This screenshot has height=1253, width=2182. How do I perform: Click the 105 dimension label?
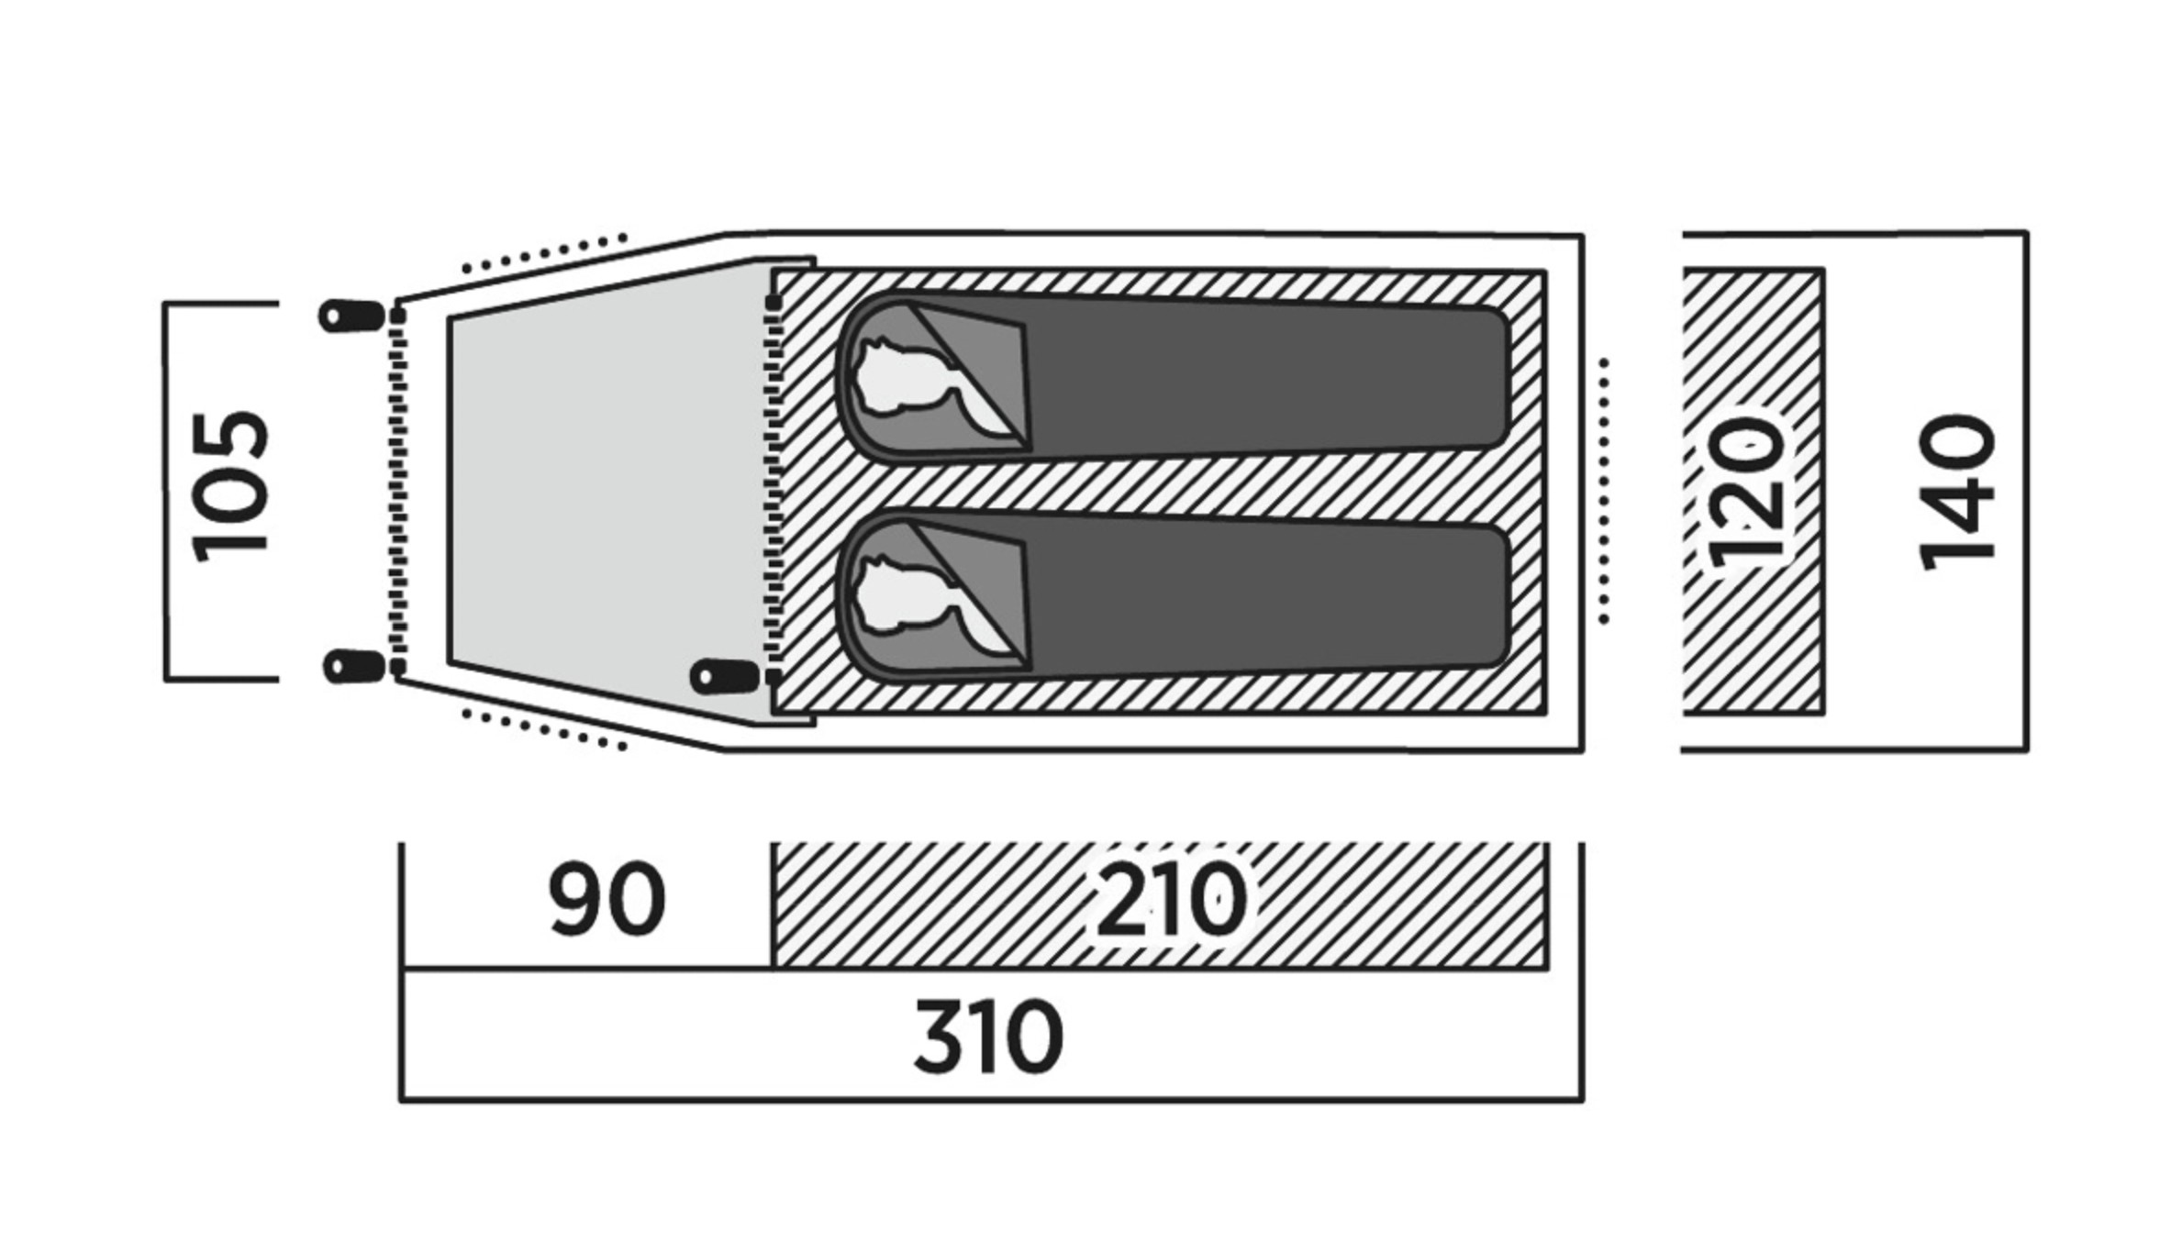point(230,487)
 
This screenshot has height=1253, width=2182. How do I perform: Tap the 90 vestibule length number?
point(607,899)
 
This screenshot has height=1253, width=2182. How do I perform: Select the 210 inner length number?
point(1172,899)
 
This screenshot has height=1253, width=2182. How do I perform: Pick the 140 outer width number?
point(1958,492)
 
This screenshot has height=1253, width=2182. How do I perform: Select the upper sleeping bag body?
point(1266,378)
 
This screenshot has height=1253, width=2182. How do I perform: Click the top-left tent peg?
point(351,316)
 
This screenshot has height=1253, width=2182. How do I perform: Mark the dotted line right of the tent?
point(1603,491)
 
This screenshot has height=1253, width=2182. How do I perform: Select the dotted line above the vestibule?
point(545,253)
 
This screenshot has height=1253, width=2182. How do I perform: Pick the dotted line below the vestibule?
point(545,729)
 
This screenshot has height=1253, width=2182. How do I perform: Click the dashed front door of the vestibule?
point(397,491)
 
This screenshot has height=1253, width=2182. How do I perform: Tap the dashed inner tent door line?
point(774,491)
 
